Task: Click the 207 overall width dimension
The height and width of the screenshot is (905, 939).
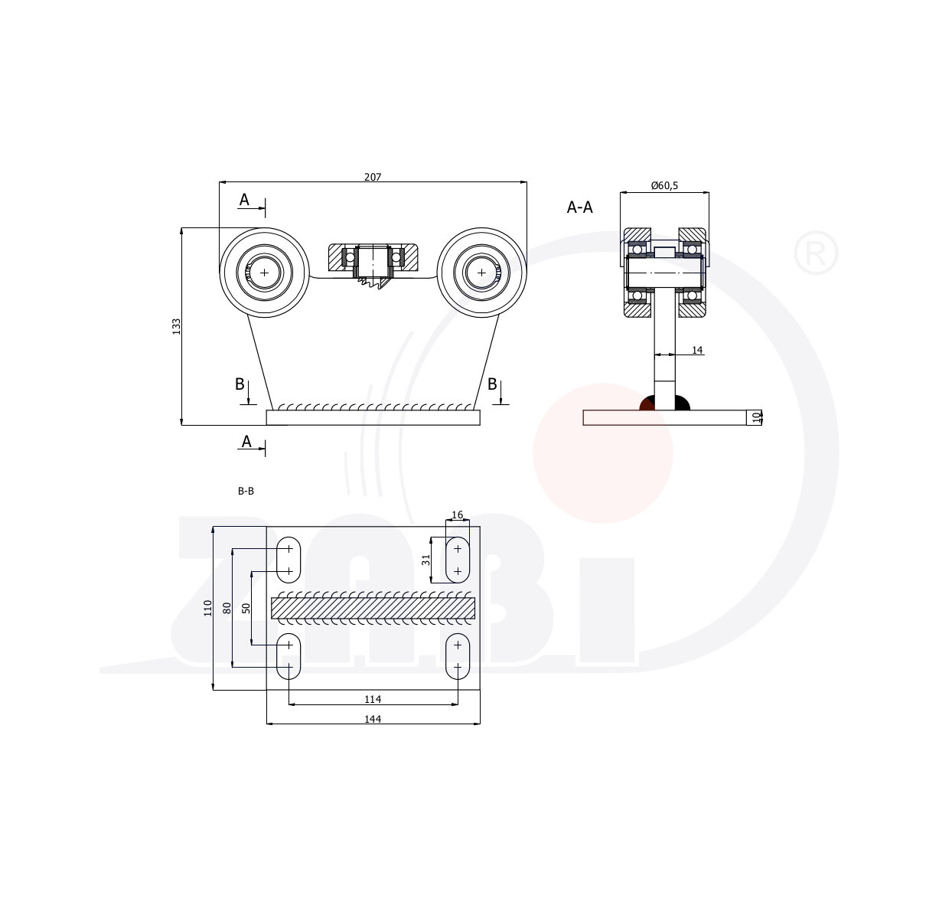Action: tap(372, 177)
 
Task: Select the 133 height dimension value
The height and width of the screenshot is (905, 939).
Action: tap(176, 326)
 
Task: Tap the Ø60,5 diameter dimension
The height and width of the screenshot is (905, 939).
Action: tap(663, 186)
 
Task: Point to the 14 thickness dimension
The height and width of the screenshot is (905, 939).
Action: tap(696, 350)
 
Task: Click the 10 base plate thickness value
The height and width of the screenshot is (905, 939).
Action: tap(757, 417)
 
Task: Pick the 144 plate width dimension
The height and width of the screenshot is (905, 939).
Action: tap(372, 718)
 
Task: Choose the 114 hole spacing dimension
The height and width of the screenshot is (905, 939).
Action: tap(372, 699)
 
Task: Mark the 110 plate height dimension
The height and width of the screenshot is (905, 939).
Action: tap(207, 608)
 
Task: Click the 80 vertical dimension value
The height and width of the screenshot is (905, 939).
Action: tap(227, 608)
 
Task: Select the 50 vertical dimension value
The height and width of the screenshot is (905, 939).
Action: tap(246, 608)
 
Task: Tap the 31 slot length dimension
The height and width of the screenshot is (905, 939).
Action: tap(426, 560)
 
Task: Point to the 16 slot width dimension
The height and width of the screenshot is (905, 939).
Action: tap(458, 515)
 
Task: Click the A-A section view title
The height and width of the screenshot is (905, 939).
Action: tap(579, 207)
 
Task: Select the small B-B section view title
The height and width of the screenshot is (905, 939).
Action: tap(246, 492)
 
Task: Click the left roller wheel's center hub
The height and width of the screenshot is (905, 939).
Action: tap(265, 272)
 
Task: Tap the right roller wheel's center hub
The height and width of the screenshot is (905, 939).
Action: tap(481, 272)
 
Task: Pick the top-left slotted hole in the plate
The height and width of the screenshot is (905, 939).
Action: tap(289, 560)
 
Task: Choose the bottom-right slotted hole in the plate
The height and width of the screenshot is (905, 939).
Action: tap(458, 656)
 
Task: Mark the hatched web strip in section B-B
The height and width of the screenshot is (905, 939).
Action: tap(373, 608)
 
